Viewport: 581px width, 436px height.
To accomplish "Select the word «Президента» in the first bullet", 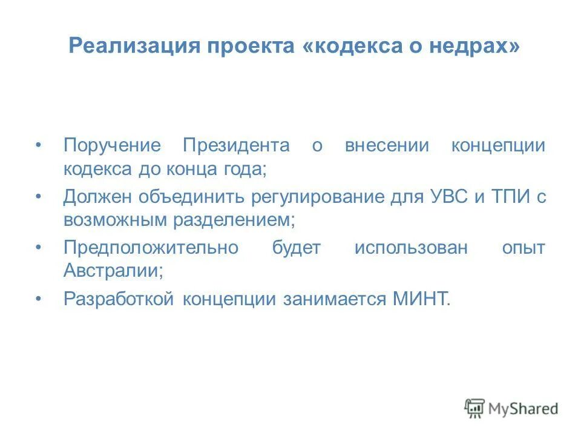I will pyautogui.click(x=237, y=146).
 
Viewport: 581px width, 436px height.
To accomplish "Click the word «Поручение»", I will pyautogui.click(x=113, y=146).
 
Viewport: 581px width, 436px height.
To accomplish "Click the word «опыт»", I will pyautogui.click(x=524, y=248).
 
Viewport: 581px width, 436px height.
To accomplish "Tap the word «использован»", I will pyautogui.click(x=412, y=248).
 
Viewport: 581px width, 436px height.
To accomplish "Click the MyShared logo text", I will pyautogui.click(x=524, y=408).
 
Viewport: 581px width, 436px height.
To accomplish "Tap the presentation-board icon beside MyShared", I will pyautogui.click(x=475, y=409).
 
